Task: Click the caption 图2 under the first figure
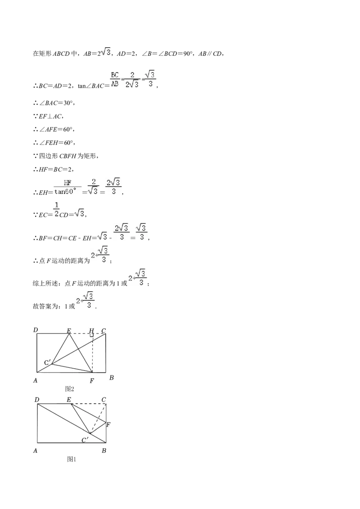pos(70,388)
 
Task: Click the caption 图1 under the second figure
pos(71,459)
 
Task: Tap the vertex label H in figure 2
pos(92,330)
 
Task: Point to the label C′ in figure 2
pos(48,362)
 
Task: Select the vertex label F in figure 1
pos(108,424)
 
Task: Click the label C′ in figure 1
pos(85,440)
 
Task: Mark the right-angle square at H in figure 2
pos(92,335)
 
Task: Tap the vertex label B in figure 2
pos(112,378)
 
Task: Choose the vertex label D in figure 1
pos(37,400)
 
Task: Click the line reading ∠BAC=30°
pos(54,103)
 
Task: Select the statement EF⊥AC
pos(48,116)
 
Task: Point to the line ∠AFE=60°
pos(54,129)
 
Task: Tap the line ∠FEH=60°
pos(54,143)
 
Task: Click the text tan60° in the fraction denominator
pos(67,192)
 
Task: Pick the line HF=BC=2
pos(53,169)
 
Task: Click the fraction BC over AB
pos(115,79)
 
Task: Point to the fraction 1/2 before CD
pos(56,210)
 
